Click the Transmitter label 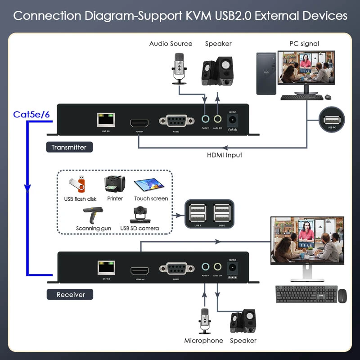coord(69,147)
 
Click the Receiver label coord(71,295)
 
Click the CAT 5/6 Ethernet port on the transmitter coord(106,120)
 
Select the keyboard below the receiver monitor coord(306,294)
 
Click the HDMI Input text coord(225,155)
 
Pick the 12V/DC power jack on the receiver coord(233,268)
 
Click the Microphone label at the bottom coord(203,341)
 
